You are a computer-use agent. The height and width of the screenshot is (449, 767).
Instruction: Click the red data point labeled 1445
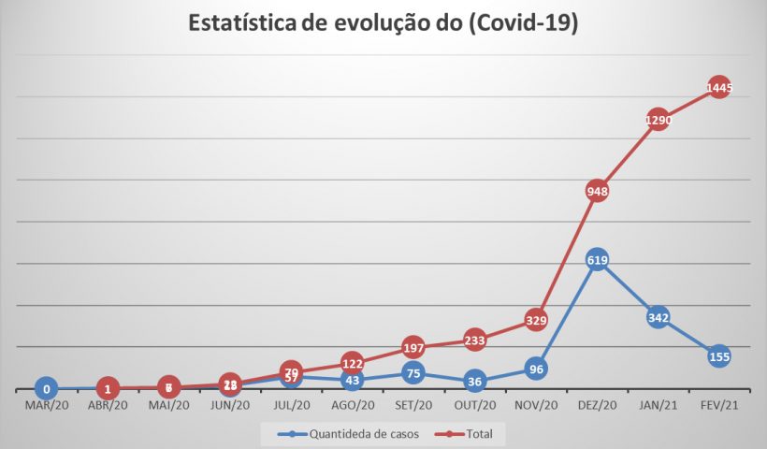718,88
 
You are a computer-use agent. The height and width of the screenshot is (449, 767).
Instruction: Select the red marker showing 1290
657,121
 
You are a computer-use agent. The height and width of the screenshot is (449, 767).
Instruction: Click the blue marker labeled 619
597,261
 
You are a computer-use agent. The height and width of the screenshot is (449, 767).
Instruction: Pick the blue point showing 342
657,318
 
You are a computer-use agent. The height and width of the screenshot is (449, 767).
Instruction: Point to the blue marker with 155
718,356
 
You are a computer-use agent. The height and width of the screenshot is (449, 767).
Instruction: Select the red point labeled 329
535,320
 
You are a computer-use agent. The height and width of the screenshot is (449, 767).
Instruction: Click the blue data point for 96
535,369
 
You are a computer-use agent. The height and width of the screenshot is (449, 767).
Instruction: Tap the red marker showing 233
474,340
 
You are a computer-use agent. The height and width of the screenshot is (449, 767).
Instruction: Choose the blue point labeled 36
474,381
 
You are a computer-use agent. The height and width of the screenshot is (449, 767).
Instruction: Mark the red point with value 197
412,348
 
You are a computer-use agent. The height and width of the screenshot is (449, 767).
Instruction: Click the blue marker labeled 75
412,372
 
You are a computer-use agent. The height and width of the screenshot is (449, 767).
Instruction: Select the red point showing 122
352,363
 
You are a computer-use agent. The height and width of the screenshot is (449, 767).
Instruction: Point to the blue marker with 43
352,380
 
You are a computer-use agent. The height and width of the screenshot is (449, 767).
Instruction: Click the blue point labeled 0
46,388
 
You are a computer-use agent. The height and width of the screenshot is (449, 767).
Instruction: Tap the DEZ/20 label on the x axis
597,406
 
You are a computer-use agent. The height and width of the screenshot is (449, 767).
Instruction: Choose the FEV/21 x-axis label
718,406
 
